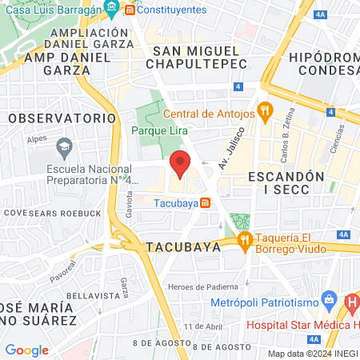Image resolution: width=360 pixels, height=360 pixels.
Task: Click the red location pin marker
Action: point(181,163)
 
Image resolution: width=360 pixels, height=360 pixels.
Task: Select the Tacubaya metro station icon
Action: point(206,202)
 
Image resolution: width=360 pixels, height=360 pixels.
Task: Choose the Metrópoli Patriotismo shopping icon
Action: point(327,302)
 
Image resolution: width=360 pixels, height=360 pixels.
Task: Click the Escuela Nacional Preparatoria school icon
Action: point(63,148)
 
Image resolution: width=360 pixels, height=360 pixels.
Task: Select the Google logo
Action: point(26,350)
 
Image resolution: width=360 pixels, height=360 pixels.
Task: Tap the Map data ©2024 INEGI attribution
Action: point(312,353)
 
